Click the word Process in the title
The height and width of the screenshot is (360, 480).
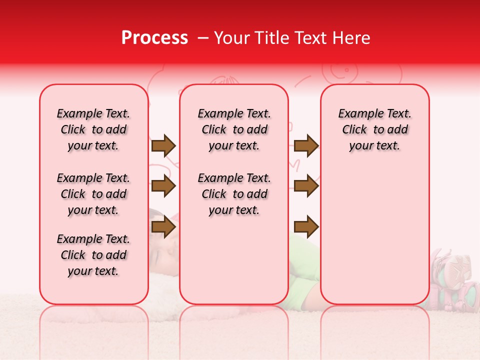click(x=154, y=38)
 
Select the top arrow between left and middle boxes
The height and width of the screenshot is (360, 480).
click(x=163, y=145)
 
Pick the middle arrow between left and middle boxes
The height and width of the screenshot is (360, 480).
click(x=163, y=186)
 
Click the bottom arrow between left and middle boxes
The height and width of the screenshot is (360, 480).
click(x=163, y=227)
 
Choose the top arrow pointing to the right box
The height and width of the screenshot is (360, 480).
click(x=306, y=145)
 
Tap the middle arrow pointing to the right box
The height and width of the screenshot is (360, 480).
click(x=306, y=186)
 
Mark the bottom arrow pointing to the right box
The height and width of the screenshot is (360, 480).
click(x=306, y=227)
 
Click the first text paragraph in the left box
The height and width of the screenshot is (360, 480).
click(x=93, y=129)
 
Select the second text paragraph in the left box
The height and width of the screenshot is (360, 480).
click(x=93, y=194)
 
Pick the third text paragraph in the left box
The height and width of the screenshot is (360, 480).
click(x=93, y=255)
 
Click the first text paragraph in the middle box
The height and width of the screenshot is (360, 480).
click(x=234, y=129)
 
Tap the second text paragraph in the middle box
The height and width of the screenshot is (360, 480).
click(x=234, y=194)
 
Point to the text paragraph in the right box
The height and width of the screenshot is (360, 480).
click(x=375, y=129)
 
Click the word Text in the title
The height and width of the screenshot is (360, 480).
click(x=310, y=38)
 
